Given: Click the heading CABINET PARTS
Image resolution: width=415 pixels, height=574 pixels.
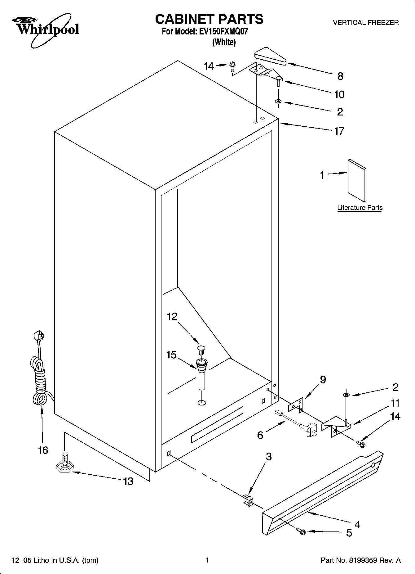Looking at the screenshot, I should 209,19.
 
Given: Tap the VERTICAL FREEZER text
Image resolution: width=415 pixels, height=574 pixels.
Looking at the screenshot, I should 365,22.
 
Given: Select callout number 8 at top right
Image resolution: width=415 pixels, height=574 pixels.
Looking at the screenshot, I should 340,76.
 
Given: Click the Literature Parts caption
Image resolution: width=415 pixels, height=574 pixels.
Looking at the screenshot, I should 360,208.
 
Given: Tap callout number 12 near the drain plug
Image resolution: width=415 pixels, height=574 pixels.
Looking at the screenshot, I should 172,316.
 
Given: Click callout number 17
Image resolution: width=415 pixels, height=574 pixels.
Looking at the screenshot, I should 339,131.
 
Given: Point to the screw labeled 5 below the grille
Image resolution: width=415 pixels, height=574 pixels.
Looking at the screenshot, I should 301,531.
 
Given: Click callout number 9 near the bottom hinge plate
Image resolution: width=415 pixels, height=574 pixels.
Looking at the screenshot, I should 323,379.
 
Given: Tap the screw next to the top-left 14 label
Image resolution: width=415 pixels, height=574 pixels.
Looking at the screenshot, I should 233,66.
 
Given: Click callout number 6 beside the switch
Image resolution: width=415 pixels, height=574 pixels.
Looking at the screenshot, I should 260,435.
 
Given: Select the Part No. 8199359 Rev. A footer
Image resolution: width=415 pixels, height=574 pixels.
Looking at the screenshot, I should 360,560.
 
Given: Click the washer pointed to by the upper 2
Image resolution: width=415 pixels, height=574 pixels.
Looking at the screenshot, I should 278,102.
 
